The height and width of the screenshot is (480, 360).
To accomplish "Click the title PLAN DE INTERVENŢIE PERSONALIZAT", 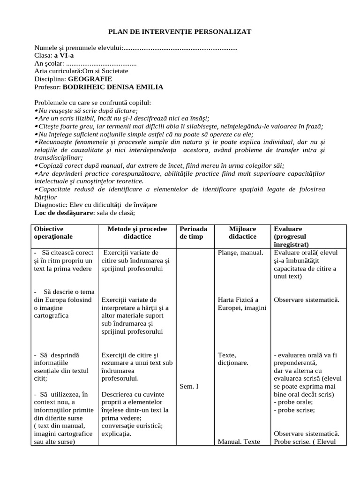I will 180,31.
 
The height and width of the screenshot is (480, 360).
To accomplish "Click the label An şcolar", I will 49,63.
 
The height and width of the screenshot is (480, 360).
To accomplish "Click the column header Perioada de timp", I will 193,232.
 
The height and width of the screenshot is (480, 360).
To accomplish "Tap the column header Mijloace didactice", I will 242,232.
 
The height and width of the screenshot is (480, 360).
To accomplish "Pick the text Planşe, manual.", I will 240,253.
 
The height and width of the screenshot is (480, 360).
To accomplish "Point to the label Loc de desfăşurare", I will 64,213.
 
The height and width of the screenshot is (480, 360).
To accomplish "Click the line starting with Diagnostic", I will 96,205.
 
